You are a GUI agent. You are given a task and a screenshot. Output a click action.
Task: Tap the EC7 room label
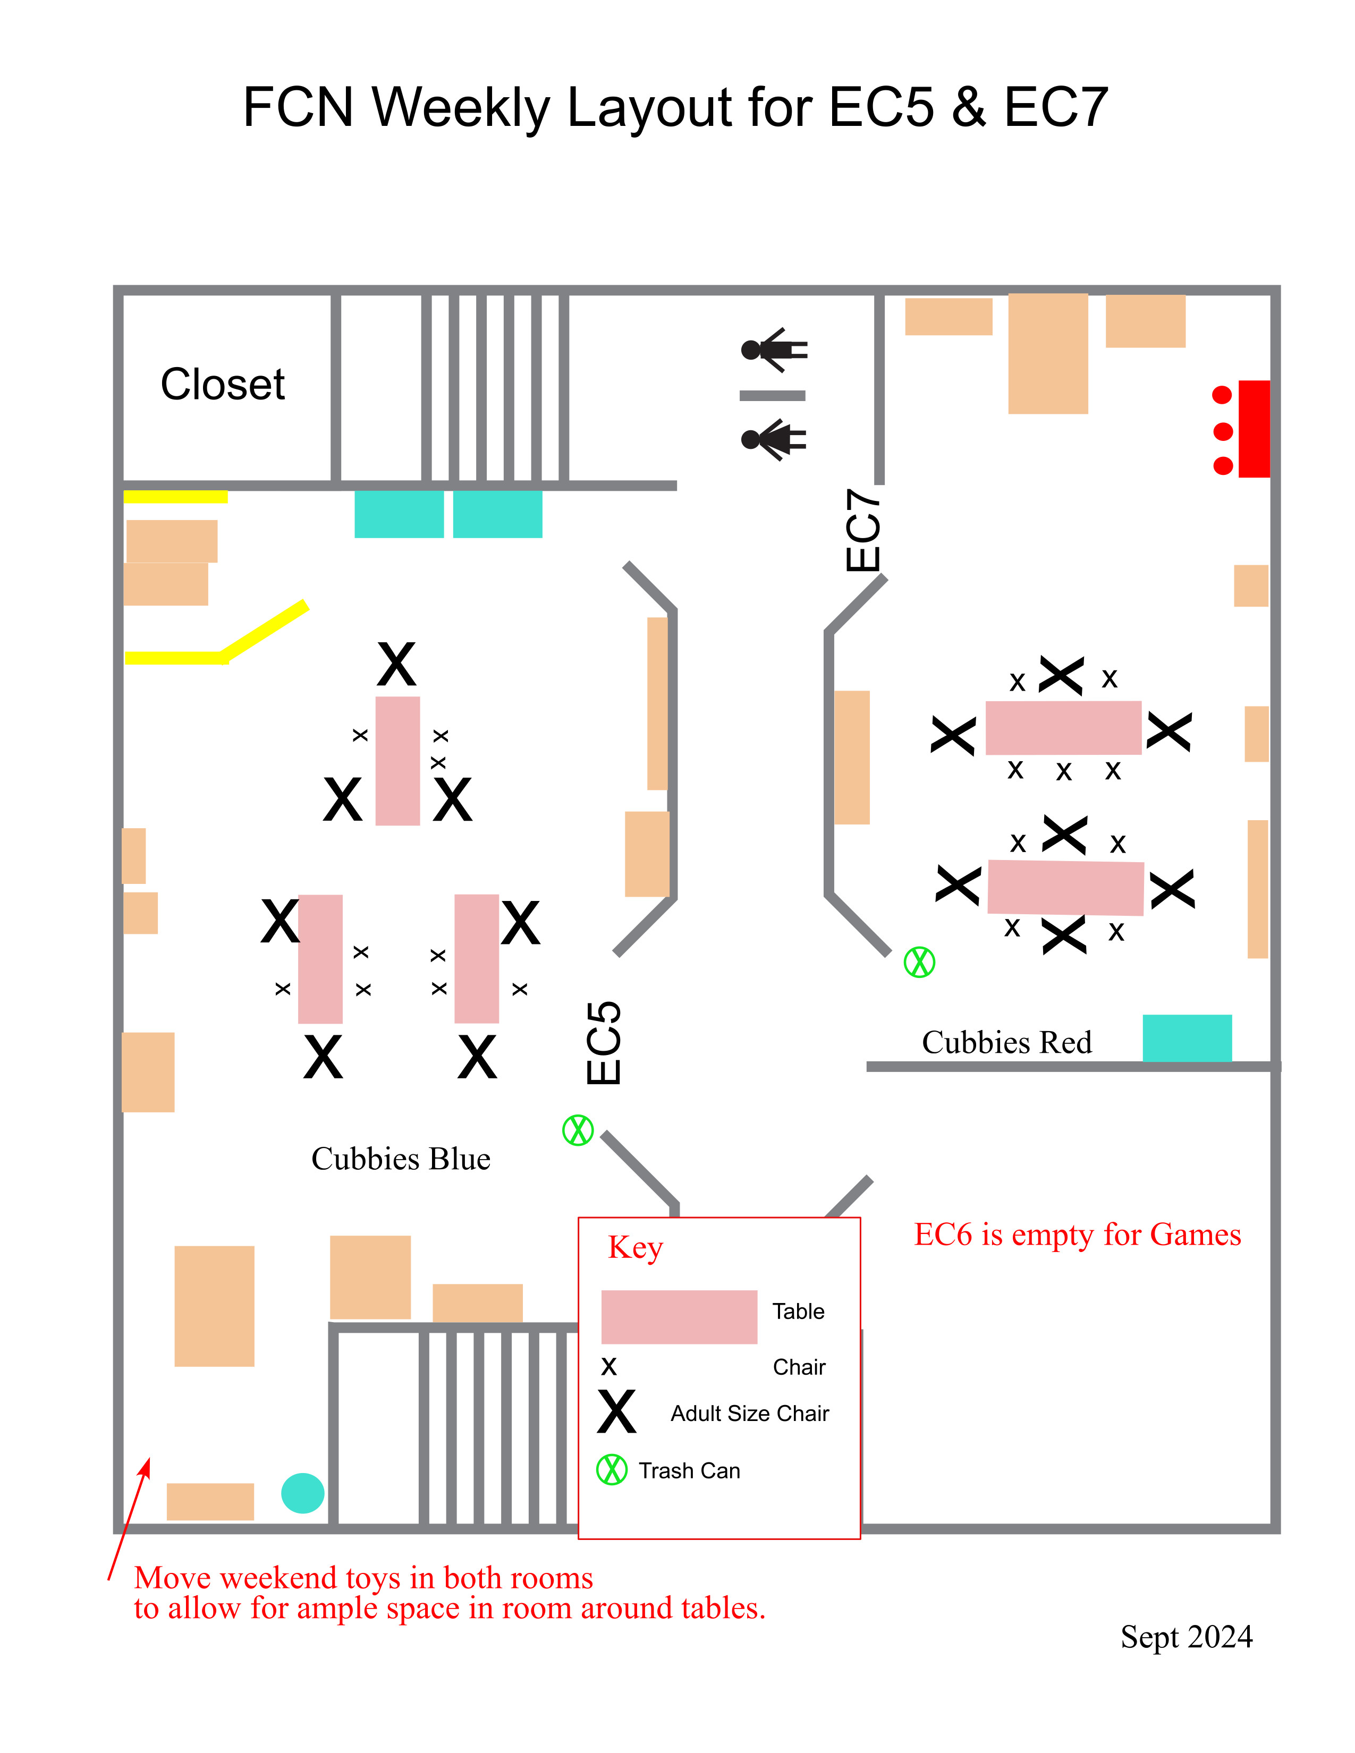point(863,530)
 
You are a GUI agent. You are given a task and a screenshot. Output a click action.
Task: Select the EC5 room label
point(604,1043)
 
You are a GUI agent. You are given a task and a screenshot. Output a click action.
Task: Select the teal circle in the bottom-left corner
point(303,1493)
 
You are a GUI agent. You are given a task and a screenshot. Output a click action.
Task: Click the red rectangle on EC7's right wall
point(1254,429)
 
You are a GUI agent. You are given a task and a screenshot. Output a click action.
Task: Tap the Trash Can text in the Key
point(690,1470)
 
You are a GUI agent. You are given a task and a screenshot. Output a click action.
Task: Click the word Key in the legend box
point(636,1248)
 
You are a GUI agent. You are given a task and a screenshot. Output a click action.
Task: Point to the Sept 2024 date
point(1187,1637)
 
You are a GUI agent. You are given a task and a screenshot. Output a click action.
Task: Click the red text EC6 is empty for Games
point(1077,1235)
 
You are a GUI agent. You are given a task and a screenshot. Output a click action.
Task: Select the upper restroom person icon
point(774,350)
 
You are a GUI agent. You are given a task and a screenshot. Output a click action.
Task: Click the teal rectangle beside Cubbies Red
point(1187,1038)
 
